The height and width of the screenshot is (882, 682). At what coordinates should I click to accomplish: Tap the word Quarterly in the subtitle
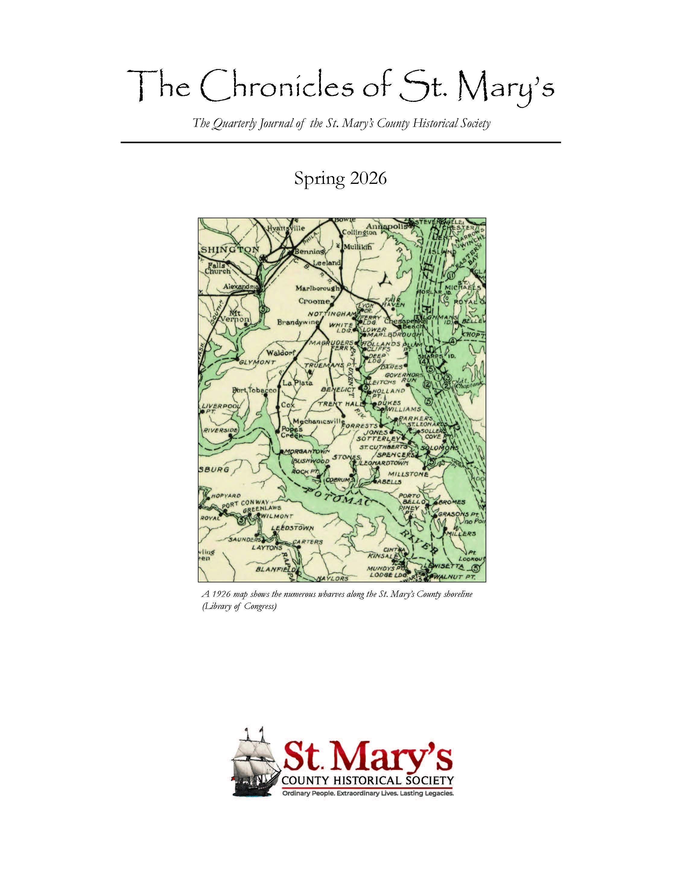[x=233, y=123]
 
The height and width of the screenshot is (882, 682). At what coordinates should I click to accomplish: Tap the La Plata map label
[x=297, y=383]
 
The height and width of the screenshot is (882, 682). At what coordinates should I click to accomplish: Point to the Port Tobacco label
[x=255, y=390]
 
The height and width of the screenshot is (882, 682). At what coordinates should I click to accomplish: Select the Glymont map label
[x=257, y=362]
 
